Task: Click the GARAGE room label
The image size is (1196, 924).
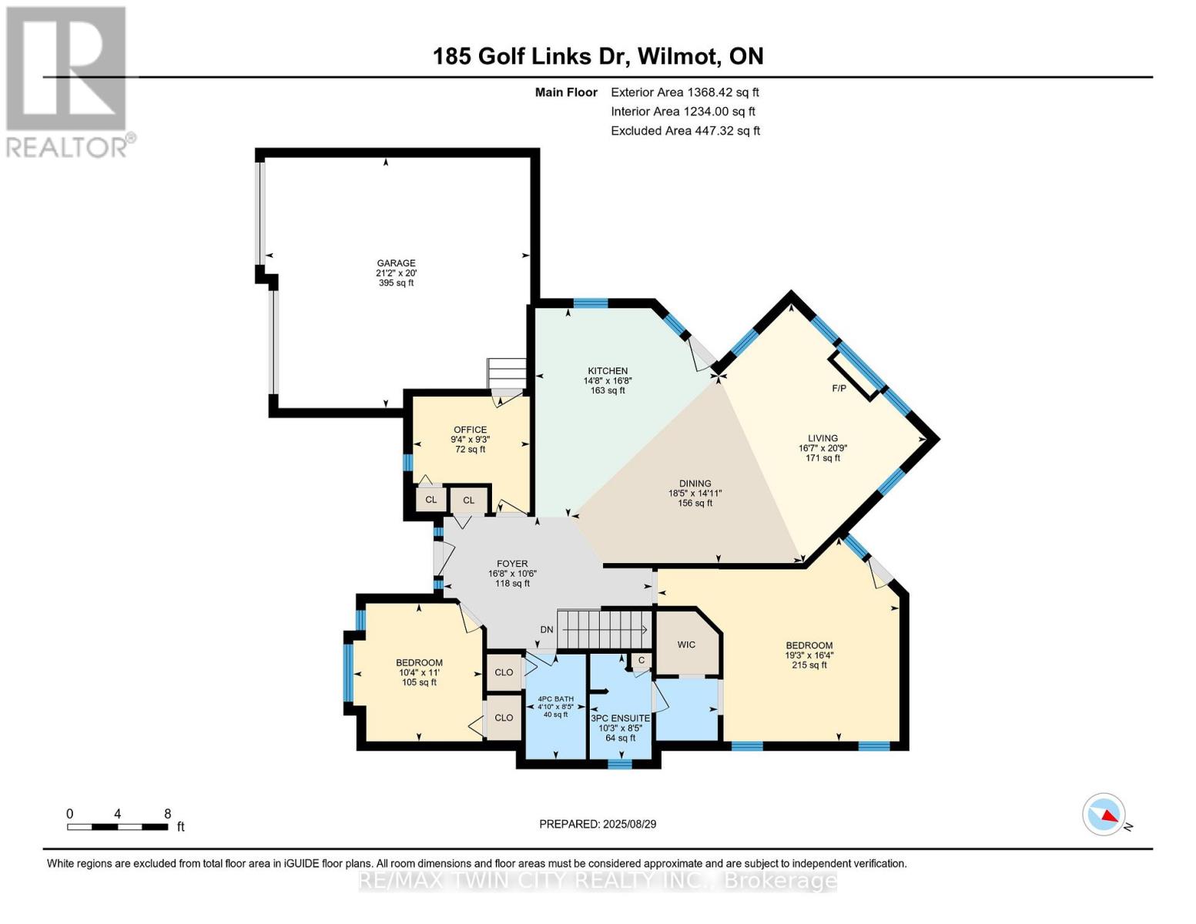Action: click(396, 263)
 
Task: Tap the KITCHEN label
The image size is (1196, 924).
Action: click(608, 371)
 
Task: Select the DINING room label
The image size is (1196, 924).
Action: click(695, 484)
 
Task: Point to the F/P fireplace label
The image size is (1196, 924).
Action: click(839, 389)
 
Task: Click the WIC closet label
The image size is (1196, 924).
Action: click(686, 644)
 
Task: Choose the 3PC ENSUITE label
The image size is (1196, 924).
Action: click(620, 718)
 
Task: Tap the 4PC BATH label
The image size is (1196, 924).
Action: click(556, 699)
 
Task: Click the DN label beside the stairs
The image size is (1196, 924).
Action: click(547, 630)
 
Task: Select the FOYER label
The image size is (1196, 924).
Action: click(512, 564)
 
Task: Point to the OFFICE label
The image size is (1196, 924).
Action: click(470, 430)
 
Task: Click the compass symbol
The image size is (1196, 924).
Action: click(1104, 815)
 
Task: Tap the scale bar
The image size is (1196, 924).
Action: click(118, 826)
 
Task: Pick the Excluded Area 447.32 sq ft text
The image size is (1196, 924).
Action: click(685, 131)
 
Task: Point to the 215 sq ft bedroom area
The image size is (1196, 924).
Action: click(809, 665)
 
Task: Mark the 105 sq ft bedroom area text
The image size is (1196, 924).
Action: click(420, 682)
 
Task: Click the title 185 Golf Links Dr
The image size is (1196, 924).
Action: click(531, 57)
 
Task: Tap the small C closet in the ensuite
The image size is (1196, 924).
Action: click(642, 660)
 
